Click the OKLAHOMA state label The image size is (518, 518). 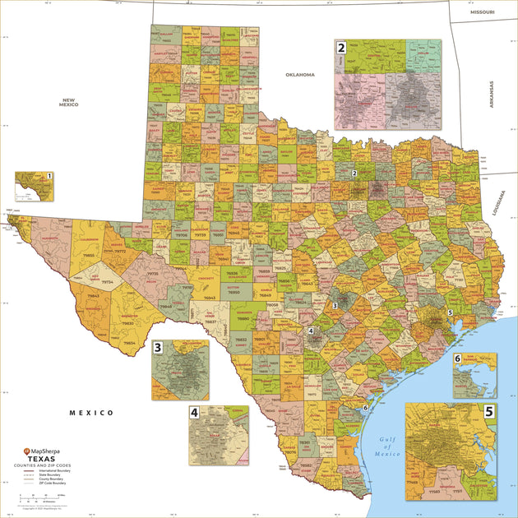point(300,75)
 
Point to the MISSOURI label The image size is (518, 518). point(483,13)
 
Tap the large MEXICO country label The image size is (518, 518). point(90,413)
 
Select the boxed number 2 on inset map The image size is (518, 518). point(340,48)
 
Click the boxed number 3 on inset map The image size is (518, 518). point(157,348)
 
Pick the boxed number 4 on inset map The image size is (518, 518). point(195,412)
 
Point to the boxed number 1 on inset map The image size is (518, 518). point(49,176)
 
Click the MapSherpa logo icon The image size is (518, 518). point(26,451)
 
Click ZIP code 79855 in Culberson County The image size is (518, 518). point(86,256)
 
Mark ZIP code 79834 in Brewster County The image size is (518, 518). point(129,343)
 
